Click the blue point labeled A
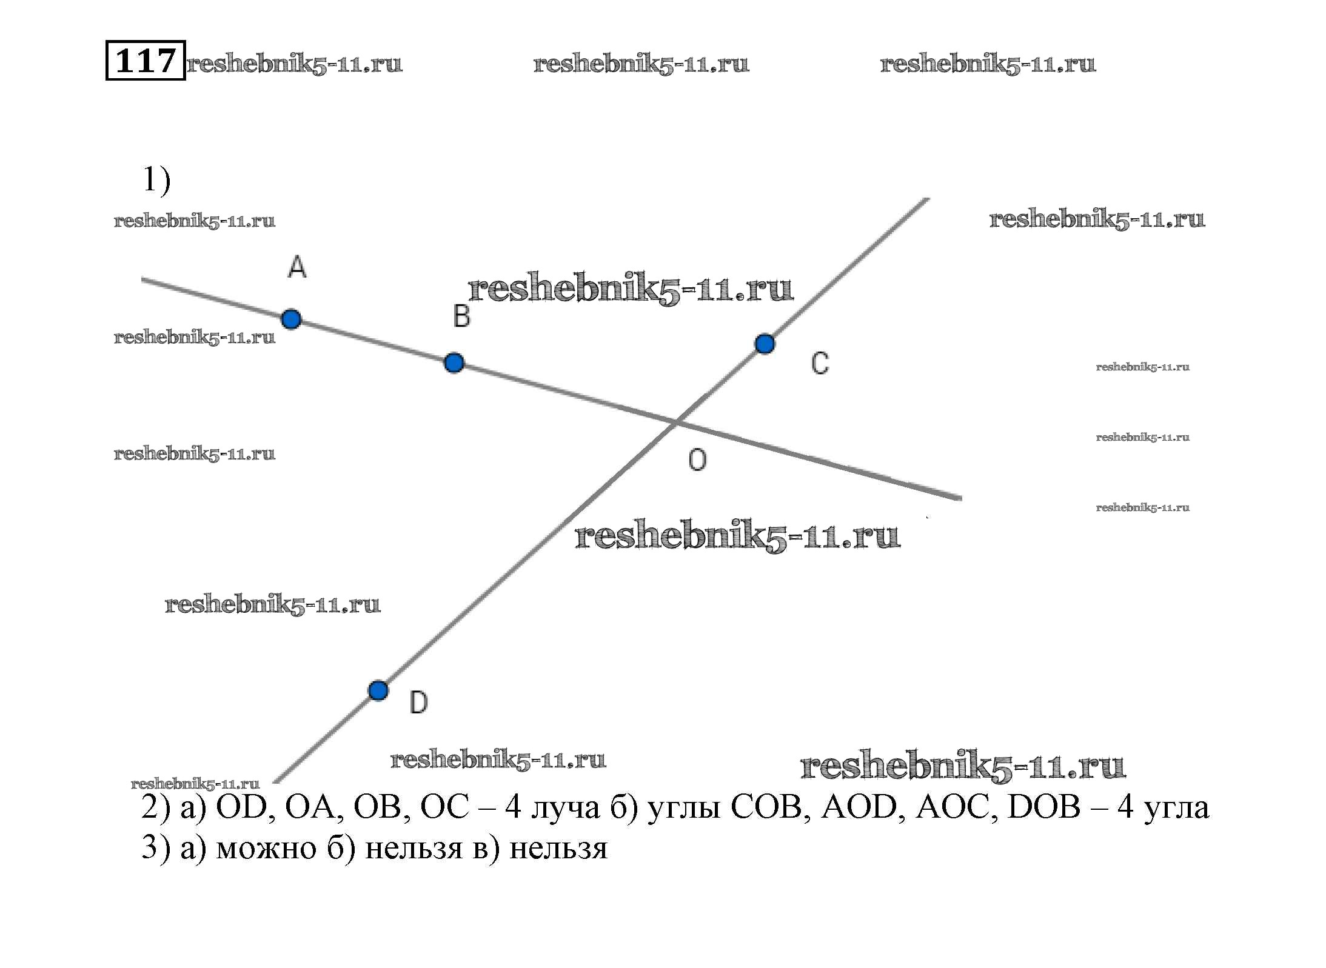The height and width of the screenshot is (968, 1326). pos(291,319)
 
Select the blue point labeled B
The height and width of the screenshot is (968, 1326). pos(454,362)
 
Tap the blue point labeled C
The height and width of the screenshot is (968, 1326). pos(765,344)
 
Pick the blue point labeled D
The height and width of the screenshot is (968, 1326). pos(378,690)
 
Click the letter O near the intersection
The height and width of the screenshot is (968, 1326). pos(697,460)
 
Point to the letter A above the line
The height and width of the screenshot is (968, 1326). pos(297,267)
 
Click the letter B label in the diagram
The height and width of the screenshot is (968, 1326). pos(461,316)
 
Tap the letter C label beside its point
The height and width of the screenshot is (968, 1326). pos(820,363)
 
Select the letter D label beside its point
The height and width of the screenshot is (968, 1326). pos(418,703)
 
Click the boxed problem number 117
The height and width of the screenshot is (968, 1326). pos(146,60)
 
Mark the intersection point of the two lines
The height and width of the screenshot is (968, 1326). pos(675,421)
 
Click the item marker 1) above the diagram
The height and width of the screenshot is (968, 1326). pos(156,179)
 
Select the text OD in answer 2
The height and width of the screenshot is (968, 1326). pos(241,807)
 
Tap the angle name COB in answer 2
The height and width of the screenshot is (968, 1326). pos(767,807)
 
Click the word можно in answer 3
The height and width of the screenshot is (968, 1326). pos(266,849)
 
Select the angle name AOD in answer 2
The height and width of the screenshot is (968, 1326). pos(859,807)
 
